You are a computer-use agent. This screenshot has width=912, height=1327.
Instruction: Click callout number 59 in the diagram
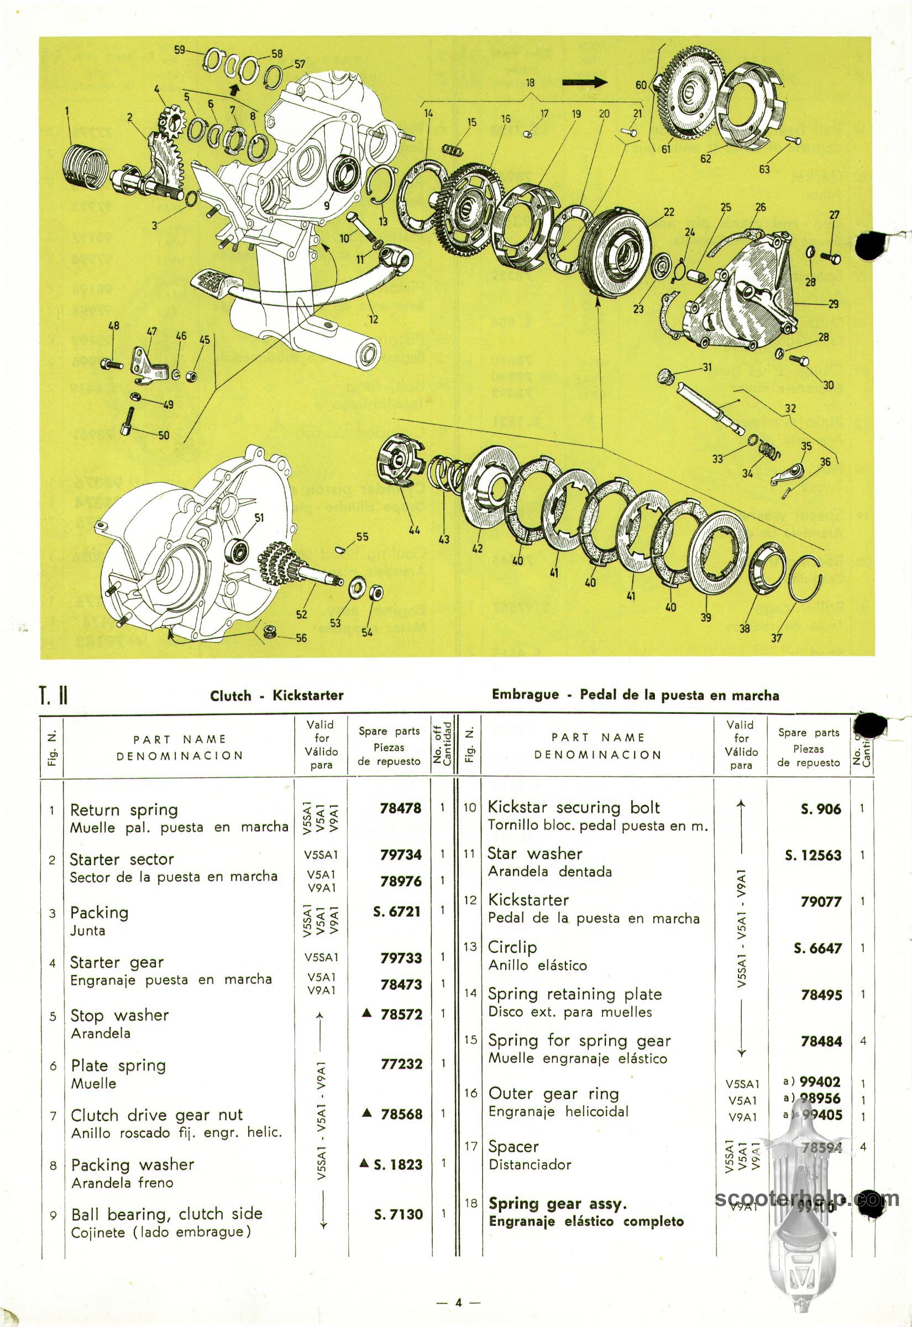coord(180,50)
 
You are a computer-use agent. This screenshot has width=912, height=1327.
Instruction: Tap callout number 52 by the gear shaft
coord(302,614)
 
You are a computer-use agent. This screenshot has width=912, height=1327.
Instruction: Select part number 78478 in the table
coord(401,808)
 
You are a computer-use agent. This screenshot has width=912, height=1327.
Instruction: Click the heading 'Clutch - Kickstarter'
coord(276,696)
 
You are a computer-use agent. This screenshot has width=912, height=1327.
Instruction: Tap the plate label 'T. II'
coord(54,697)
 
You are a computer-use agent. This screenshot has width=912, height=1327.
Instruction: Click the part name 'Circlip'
coord(512,947)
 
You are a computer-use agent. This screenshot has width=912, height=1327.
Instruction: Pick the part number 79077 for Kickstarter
coord(821,901)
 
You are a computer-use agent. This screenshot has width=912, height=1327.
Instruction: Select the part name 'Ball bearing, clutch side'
coord(166,1213)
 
